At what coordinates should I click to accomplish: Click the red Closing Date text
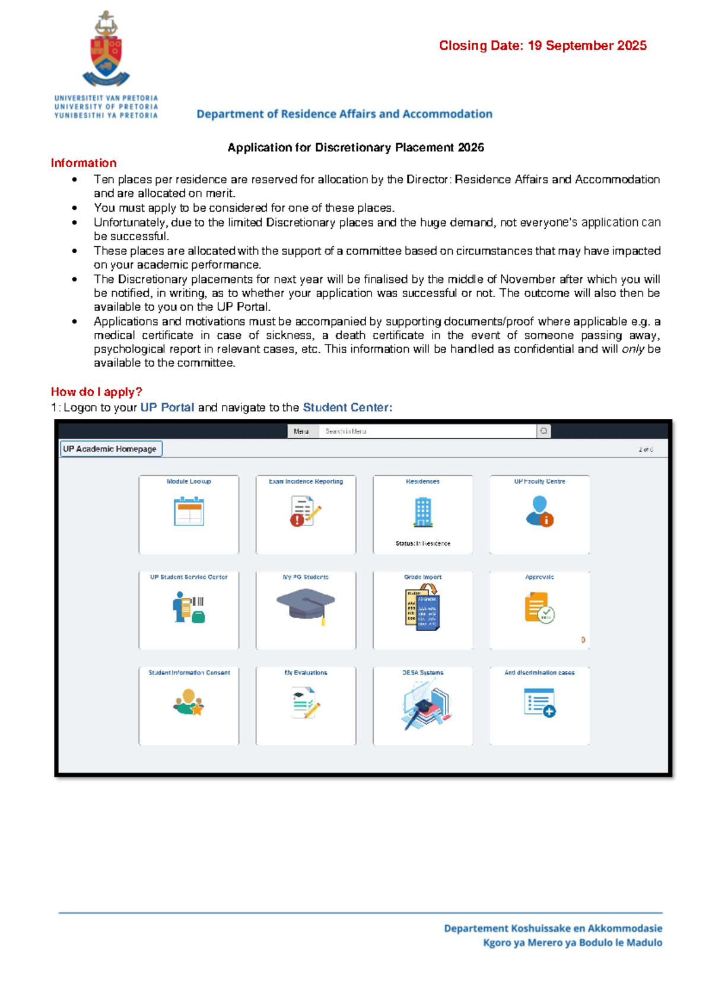click(x=542, y=46)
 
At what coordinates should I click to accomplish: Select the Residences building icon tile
click(x=422, y=512)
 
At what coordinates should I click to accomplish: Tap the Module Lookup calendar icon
click(x=189, y=511)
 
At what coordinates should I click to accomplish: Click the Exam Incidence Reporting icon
click(x=305, y=511)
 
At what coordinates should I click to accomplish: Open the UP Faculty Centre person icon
click(x=539, y=511)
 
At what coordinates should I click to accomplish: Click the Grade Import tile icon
click(x=422, y=607)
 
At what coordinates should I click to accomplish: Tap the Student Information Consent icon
click(x=189, y=702)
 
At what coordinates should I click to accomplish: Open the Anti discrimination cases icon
click(x=539, y=702)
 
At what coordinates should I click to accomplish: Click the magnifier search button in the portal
click(x=543, y=431)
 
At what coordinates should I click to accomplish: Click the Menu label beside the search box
click(x=301, y=431)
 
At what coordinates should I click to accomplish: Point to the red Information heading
click(x=84, y=163)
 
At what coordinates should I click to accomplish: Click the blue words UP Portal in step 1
click(x=167, y=408)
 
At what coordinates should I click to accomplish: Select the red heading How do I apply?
click(x=97, y=391)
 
